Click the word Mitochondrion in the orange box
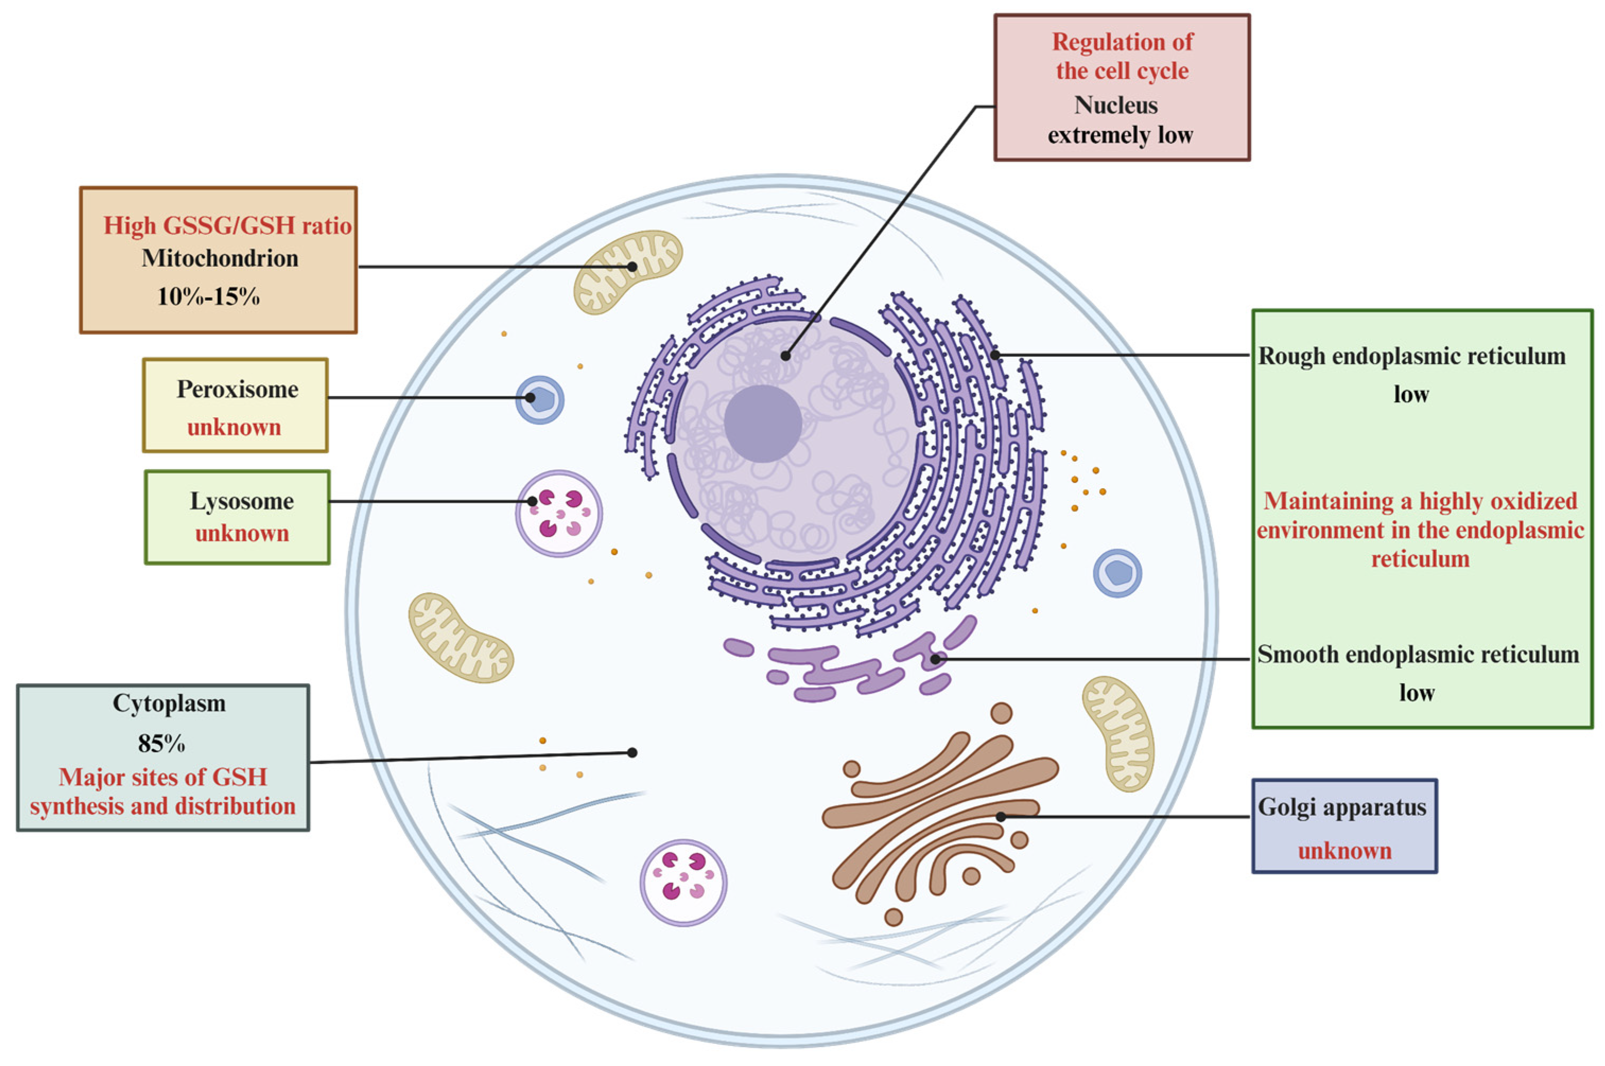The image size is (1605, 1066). click(x=220, y=258)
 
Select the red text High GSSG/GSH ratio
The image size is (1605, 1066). click(x=227, y=225)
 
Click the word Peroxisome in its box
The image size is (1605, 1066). click(x=237, y=389)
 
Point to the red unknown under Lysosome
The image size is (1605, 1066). click(x=241, y=533)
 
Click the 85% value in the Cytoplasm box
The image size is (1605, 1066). click(x=161, y=744)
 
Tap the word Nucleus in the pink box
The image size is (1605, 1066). click(x=1115, y=105)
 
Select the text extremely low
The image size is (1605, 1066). click(x=1120, y=135)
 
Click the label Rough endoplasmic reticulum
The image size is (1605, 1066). click(x=1411, y=356)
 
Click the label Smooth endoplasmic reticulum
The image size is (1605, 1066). click(x=1417, y=654)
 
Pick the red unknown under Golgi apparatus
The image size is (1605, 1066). click(x=1345, y=850)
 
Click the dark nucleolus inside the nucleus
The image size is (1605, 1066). click(x=762, y=424)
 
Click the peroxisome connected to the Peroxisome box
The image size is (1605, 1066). click(x=539, y=400)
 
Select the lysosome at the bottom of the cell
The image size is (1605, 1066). click(x=683, y=883)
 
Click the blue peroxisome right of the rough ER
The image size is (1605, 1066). click(x=1116, y=573)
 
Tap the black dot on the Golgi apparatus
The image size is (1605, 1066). click(x=1000, y=816)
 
